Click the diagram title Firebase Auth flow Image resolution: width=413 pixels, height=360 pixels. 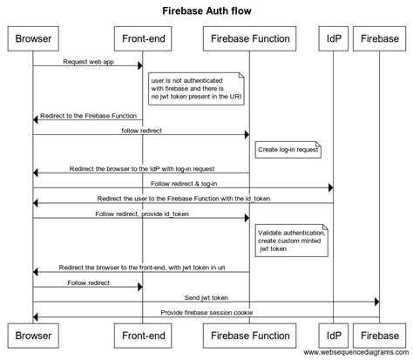[206, 11]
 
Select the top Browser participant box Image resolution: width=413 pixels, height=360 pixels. [33, 38]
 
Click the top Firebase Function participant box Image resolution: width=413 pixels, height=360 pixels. [249, 38]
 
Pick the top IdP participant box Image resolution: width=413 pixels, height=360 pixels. [332, 38]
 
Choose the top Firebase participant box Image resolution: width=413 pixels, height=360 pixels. [379, 38]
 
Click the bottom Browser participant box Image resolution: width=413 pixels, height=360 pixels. [33, 334]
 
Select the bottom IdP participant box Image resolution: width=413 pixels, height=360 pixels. [332, 334]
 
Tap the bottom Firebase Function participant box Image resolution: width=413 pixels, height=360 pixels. [249, 334]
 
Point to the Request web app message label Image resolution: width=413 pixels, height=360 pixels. [87, 61]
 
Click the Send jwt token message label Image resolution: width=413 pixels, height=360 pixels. [206, 297]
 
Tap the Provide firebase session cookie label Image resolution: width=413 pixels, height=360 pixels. [206, 312]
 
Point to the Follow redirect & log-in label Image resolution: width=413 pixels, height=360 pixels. [184, 183]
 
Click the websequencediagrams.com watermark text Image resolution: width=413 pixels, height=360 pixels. [357, 352]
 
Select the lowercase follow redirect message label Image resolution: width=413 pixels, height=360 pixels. [141, 130]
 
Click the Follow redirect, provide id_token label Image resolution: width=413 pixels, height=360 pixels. [141, 214]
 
